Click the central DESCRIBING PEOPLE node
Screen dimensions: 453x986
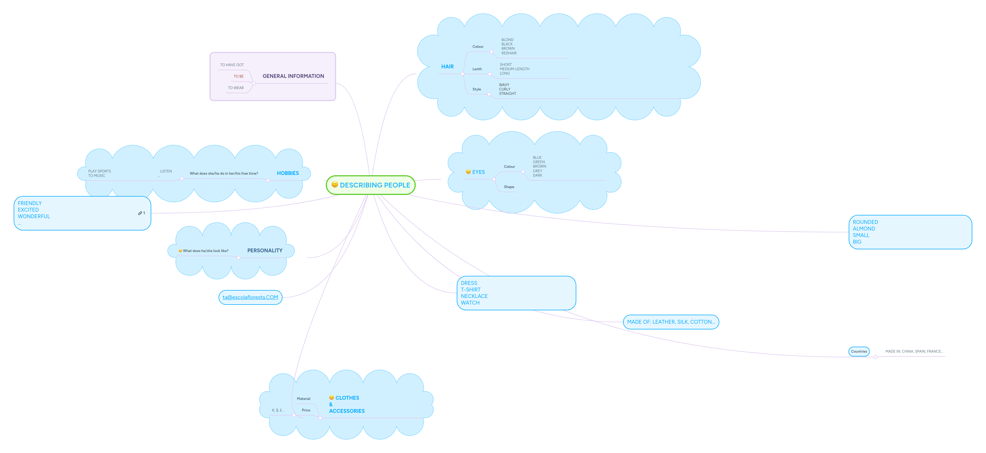pos(371,185)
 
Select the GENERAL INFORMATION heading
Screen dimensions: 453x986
pos(293,76)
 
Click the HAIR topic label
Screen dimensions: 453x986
pos(447,67)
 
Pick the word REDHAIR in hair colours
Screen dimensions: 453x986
pos(509,53)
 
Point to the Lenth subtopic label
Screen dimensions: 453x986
pos(477,69)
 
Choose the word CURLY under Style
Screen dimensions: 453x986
pos(504,89)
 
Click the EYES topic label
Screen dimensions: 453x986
pos(478,172)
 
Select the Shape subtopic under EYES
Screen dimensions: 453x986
pos(509,187)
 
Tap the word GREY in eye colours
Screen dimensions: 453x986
pos(537,171)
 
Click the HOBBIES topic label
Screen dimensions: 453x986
pos(287,173)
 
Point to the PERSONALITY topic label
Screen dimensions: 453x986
pos(264,251)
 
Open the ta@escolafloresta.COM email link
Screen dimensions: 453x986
pos(250,297)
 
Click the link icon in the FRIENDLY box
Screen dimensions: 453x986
pos(140,213)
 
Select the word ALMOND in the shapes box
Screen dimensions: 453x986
pos(863,229)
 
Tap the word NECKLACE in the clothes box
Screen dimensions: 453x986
pos(474,296)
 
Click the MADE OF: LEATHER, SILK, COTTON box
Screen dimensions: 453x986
pos(671,322)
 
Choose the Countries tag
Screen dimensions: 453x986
pos(859,351)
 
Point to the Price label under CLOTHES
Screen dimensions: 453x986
pos(306,410)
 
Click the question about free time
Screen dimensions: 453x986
pos(223,174)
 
